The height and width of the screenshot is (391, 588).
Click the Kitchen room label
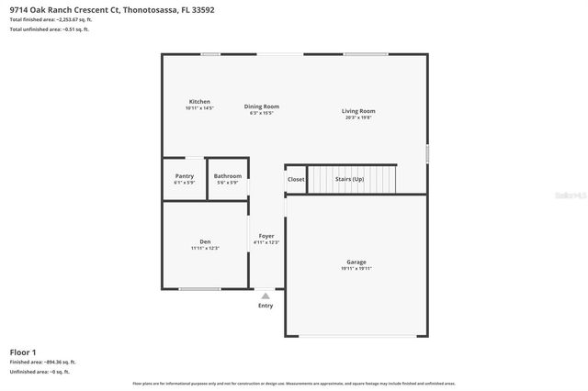click(199, 101)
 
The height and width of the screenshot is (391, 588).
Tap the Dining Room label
click(262, 106)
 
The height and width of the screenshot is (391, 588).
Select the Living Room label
click(360, 111)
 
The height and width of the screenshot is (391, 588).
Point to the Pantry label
click(184, 176)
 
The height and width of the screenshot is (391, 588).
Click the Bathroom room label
click(227, 176)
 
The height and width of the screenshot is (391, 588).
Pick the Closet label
click(296, 179)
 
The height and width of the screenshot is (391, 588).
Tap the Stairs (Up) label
click(349, 179)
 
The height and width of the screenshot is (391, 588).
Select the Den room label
click(205, 241)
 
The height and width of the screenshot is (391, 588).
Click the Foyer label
click(266, 236)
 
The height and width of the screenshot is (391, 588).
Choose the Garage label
click(356, 263)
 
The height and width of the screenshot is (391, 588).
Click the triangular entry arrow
click(266, 296)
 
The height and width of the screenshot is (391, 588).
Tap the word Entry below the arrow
click(266, 306)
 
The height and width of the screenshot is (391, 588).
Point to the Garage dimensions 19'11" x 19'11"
click(356, 269)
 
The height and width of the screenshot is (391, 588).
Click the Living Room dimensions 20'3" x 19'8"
click(358, 117)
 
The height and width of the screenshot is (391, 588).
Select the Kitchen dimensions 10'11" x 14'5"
click(199, 108)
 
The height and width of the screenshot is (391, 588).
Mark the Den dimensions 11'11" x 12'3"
click(205, 248)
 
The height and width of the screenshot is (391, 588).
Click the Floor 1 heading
click(23, 352)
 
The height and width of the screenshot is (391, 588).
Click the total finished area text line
click(51, 19)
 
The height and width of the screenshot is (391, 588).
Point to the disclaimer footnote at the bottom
click(293, 383)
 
